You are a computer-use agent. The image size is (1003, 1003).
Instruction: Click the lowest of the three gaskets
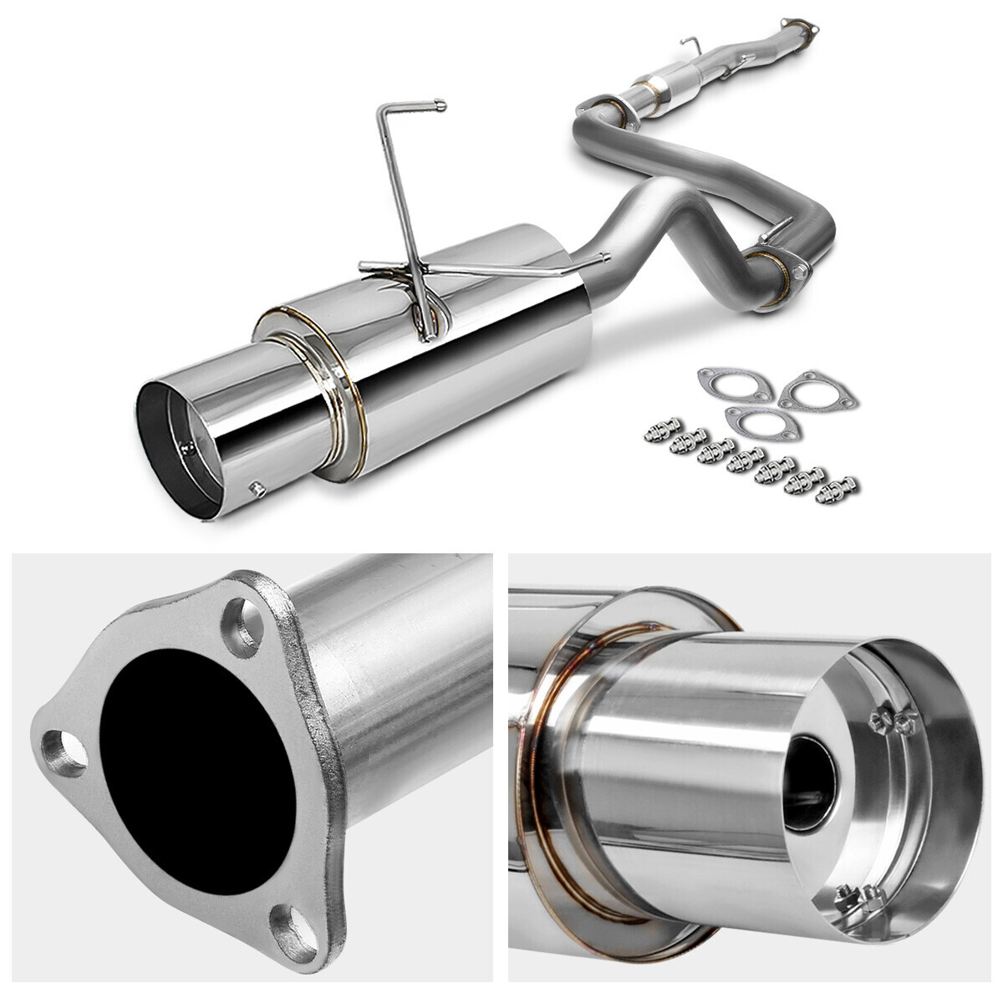[x=763, y=422]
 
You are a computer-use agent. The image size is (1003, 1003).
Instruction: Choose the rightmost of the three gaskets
[x=817, y=390]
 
